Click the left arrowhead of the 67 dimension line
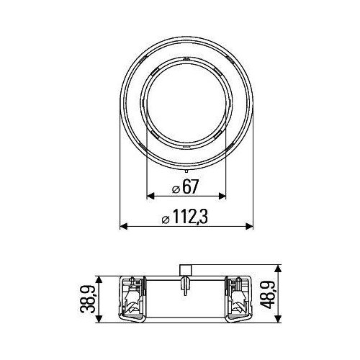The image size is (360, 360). (x=150, y=196)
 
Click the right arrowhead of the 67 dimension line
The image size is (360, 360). (x=224, y=196)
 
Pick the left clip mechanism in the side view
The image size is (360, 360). (x=132, y=297)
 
